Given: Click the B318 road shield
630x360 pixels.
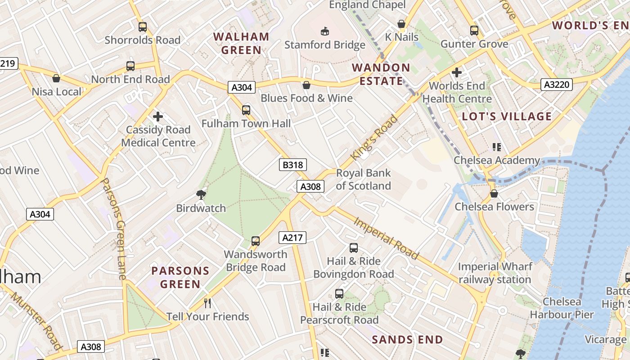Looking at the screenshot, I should click(x=292, y=165).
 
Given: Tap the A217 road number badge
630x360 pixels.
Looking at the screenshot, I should click(x=292, y=238).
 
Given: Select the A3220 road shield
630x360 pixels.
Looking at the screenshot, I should click(x=556, y=85).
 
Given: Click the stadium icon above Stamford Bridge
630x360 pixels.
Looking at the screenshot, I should click(x=324, y=31).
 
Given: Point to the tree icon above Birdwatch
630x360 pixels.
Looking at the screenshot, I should click(x=201, y=194).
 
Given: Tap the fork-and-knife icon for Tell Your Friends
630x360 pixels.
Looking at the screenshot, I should click(x=207, y=303).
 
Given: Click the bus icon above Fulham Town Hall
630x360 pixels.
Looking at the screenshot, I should click(x=246, y=110).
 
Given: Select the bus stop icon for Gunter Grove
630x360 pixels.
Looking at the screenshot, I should click(x=474, y=31).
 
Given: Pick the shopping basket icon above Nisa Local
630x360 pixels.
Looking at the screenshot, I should click(x=56, y=78).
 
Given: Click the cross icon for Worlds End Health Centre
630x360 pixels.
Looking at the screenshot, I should click(x=457, y=72).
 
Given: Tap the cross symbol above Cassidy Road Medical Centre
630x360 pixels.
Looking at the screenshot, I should click(x=158, y=117).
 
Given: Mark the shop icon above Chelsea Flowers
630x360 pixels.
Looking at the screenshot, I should click(x=494, y=193).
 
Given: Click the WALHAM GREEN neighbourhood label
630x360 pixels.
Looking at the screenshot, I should click(x=241, y=43).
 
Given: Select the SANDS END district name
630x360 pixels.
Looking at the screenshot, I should click(x=407, y=340).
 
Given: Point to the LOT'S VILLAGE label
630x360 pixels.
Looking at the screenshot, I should click(x=507, y=117).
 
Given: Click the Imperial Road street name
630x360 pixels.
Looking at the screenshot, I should click(x=387, y=238).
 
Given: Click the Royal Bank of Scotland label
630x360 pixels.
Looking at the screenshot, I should click(x=363, y=180).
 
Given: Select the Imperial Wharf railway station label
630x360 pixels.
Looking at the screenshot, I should click(x=495, y=273).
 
